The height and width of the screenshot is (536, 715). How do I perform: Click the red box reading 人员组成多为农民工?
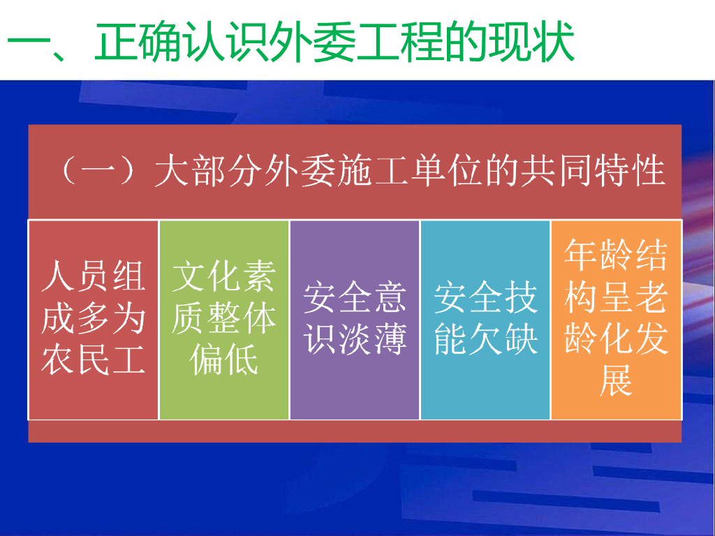(94, 320)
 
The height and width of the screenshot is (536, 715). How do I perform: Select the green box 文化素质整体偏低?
(224, 320)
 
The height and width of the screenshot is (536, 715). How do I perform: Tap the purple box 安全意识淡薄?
(355, 320)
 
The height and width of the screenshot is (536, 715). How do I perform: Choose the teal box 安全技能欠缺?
(485, 320)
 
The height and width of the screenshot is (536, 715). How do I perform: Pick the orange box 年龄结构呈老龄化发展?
(616, 320)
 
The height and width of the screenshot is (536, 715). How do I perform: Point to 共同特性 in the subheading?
(593, 170)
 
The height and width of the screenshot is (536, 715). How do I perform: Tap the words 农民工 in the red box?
(94, 359)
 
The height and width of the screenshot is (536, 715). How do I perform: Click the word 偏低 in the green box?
(224, 359)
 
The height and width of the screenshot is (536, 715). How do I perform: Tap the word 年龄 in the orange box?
(598, 255)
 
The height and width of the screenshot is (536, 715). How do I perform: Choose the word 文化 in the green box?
(206, 276)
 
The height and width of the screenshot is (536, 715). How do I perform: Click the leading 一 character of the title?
(28, 44)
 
